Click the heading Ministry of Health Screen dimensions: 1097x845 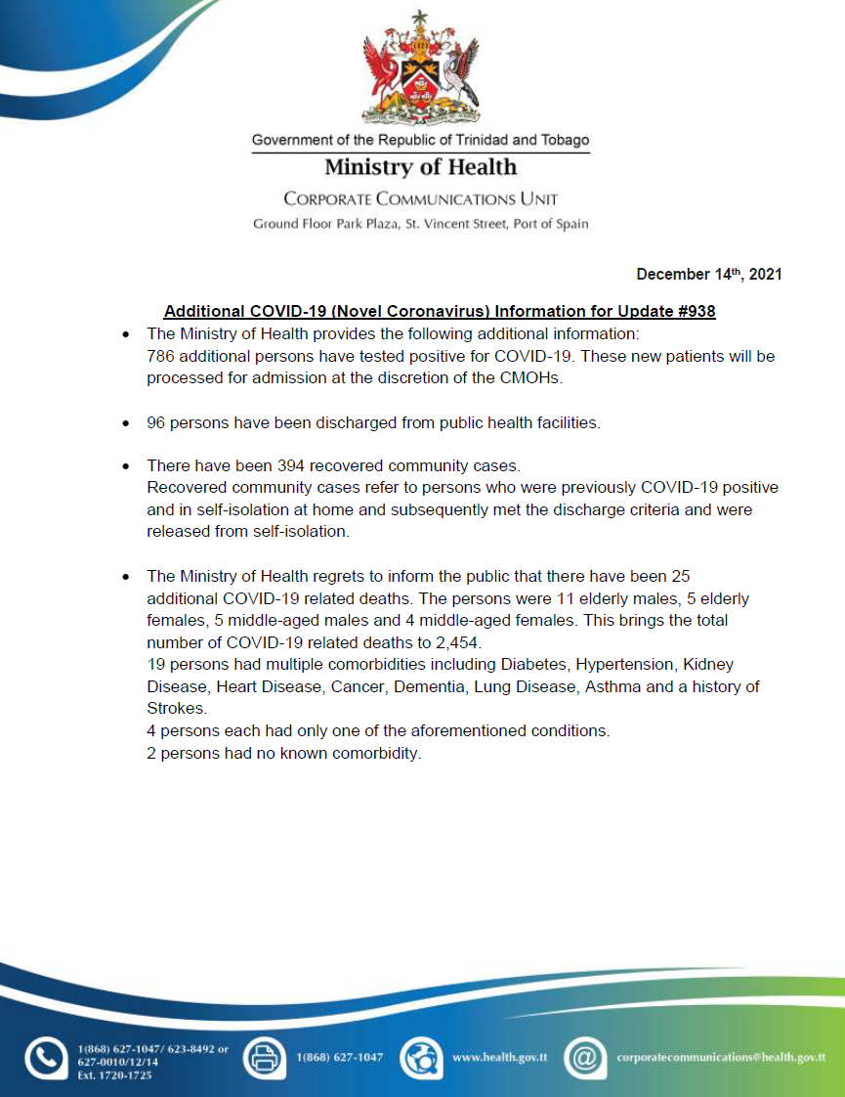pos(421,167)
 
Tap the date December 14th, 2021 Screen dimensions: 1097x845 pos(709,275)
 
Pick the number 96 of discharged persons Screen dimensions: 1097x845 pos(156,423)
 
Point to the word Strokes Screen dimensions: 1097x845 pos(174,708)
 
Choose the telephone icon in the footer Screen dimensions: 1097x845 pos(45,1059)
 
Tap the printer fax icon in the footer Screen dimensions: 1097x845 pos(263,1058)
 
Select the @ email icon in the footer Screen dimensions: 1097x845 pos(585,1058)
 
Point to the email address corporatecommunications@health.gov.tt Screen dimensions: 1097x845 pos(721,1058)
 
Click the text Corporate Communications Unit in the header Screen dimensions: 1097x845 pos(421,199)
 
